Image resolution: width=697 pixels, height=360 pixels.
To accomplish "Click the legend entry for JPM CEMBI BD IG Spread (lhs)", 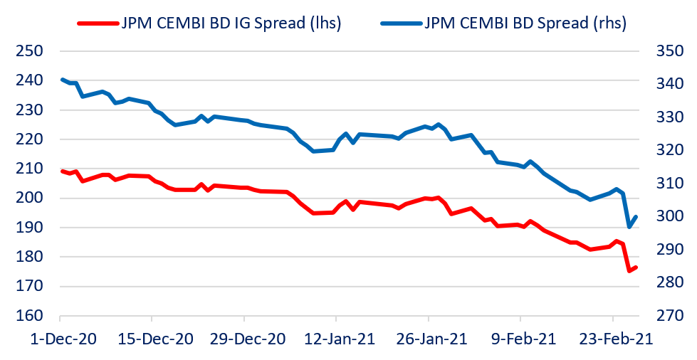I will tap(232, 23).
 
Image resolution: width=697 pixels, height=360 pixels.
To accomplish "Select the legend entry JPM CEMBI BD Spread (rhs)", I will tap(525, 23).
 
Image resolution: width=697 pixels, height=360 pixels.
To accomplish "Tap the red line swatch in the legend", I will tap(97, 23).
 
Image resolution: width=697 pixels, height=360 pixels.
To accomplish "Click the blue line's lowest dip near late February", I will tap(629, 227).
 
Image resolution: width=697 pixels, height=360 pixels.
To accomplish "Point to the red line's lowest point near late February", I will tap(629, 270).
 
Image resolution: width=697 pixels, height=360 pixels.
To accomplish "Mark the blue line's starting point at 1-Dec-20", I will tap(61, 79).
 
